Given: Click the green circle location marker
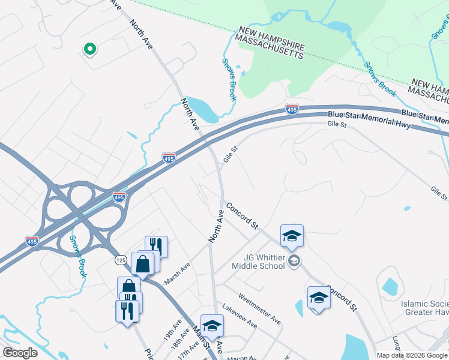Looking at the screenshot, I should click(89, 50).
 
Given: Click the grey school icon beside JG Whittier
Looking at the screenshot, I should click(294, 260).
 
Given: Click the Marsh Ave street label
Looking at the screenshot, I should click(178, 273).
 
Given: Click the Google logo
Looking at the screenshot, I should click(19, 353).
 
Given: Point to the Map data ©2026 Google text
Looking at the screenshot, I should click(412, 355).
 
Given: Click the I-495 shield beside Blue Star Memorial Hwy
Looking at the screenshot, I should click(292, 109).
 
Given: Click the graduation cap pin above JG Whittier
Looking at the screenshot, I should click(292, 235).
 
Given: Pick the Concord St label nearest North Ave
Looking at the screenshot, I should click(242, 216).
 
